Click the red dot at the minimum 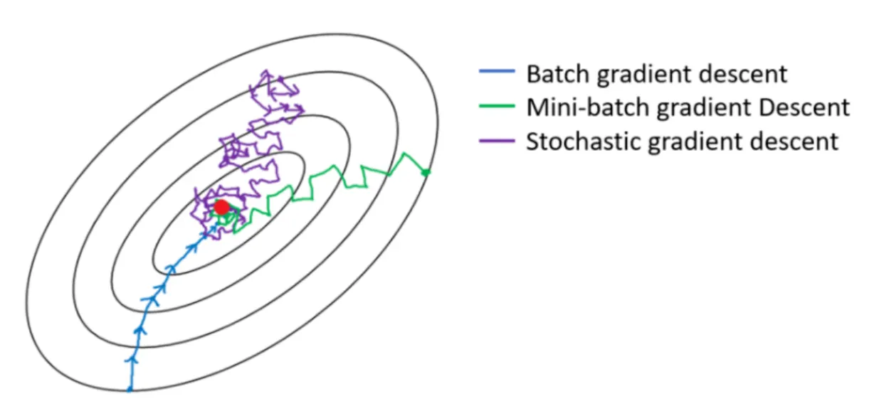[222, 207]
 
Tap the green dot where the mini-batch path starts [426, 172]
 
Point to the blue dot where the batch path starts [130, 389]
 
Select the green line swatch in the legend [495, 107]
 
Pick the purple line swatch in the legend [495, 141]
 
